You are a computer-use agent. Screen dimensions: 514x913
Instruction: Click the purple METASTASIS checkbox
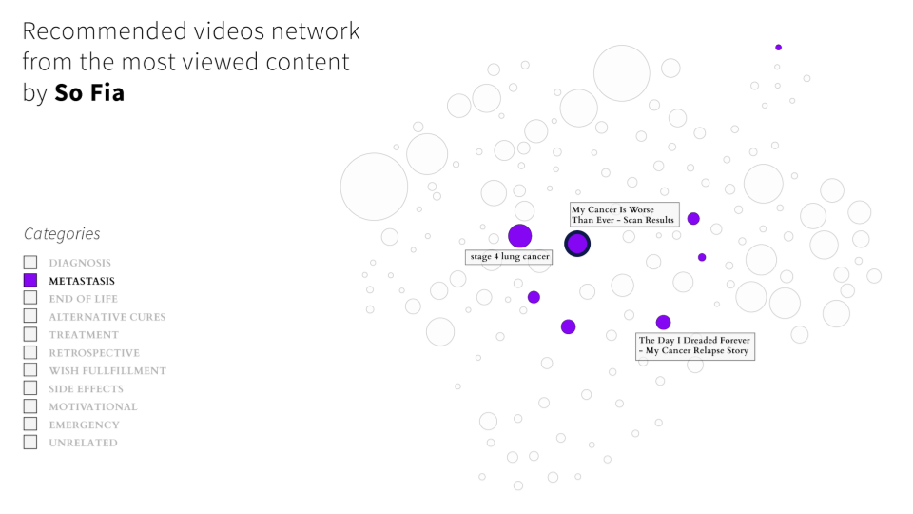(x=30, y=281)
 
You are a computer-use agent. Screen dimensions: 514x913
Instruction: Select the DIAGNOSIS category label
(x=80, y=263)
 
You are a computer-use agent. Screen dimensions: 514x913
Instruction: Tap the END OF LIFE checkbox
(x=30, y=299)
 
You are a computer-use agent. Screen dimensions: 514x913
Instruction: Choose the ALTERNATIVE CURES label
(x=107, y=317)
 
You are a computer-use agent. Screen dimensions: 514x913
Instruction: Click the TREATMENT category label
(x=84, y=335)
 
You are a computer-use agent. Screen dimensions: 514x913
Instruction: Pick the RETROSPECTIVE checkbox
(x=30, y=353)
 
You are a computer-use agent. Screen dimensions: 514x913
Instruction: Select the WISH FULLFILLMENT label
(x=107, y=371)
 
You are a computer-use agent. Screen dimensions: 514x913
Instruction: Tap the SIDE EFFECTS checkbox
(x=30, y=389)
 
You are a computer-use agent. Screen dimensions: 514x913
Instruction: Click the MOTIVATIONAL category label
(x=92, y=407)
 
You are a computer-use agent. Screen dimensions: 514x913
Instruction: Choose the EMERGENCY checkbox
(x=30, y=425)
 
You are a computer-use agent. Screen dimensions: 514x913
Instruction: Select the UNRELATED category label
(x=83, y=444)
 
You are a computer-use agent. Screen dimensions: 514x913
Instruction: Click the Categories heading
(x=62, y=234)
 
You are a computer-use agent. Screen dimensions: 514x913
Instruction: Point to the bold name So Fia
(x=89, y=94)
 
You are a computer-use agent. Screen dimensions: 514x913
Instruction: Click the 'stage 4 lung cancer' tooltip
(x=509, y=257)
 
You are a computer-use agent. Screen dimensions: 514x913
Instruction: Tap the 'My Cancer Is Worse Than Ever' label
(x=623, y=215)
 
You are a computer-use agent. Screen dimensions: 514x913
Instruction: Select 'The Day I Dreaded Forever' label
(x=694, y=346)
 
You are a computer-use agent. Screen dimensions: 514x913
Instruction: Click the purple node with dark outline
(x=577, y=244)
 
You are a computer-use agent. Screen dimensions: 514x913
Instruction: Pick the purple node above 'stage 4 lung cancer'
(x=519, y=235)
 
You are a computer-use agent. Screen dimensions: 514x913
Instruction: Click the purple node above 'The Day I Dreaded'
(x=663, y=323)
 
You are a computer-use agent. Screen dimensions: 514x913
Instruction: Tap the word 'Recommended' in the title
(x=105, y=31)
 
